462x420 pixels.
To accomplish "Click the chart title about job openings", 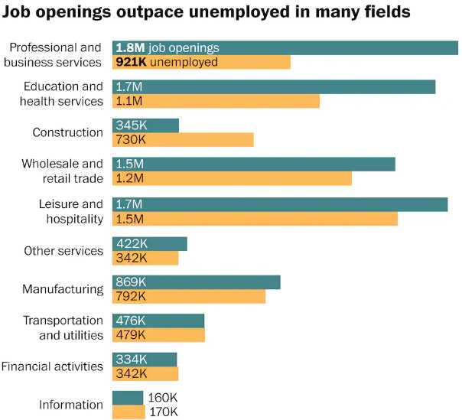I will [207, 12].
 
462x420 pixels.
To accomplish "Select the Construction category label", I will [67, 132].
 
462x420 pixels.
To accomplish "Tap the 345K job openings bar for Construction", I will [145, 125].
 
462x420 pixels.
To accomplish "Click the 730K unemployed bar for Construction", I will [183, 140].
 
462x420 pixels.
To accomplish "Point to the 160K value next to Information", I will [163, 398].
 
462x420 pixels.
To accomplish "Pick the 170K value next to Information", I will [163, 412].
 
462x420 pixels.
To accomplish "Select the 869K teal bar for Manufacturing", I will [196, 282].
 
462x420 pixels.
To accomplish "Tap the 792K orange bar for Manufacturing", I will [188, 296].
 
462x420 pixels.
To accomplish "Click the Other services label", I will [63, 251].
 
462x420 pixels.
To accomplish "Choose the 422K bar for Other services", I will [149, 244].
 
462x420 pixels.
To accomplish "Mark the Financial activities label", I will [52, 366].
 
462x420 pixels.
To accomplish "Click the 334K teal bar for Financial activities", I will [145, 360].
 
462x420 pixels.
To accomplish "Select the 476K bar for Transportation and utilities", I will [158, 321].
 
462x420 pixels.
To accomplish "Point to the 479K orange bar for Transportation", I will [158, 335].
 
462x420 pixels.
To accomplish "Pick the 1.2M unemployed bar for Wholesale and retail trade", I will [232, 178].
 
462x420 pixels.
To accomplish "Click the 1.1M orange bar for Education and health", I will [216, 101].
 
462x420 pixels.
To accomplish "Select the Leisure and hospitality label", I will [70, 211].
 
